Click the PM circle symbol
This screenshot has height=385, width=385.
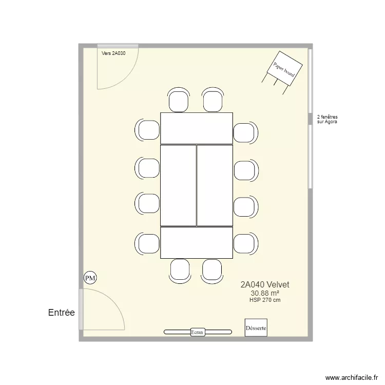(90, 278)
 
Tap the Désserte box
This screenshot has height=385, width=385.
(256, 328)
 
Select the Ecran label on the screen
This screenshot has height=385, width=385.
(197, 332)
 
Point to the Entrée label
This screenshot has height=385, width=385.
(61, 313)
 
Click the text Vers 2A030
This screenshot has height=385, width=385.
(113, 53)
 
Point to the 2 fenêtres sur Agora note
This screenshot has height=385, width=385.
(328, 120)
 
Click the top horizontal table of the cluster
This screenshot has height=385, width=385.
(197, 128)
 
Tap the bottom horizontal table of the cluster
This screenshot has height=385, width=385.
(197, 243)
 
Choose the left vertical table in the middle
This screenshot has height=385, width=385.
(179, 185)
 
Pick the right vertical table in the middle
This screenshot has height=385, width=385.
(215, 185)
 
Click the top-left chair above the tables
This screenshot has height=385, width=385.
(179, 100)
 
